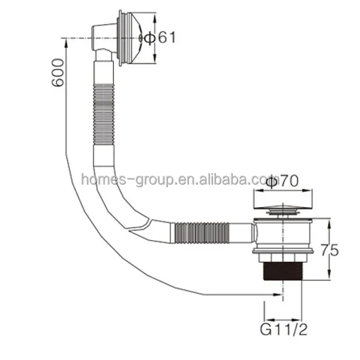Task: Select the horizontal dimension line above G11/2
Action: [x=282, y=319]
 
